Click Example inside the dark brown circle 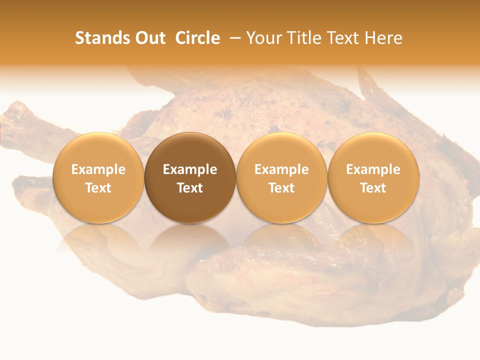coord(190,169)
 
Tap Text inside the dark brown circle coord(190,188)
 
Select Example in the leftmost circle coord(98,169)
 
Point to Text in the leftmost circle coord(98,188)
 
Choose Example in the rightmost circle coord(373,169)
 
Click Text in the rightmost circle coord(373,188)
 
